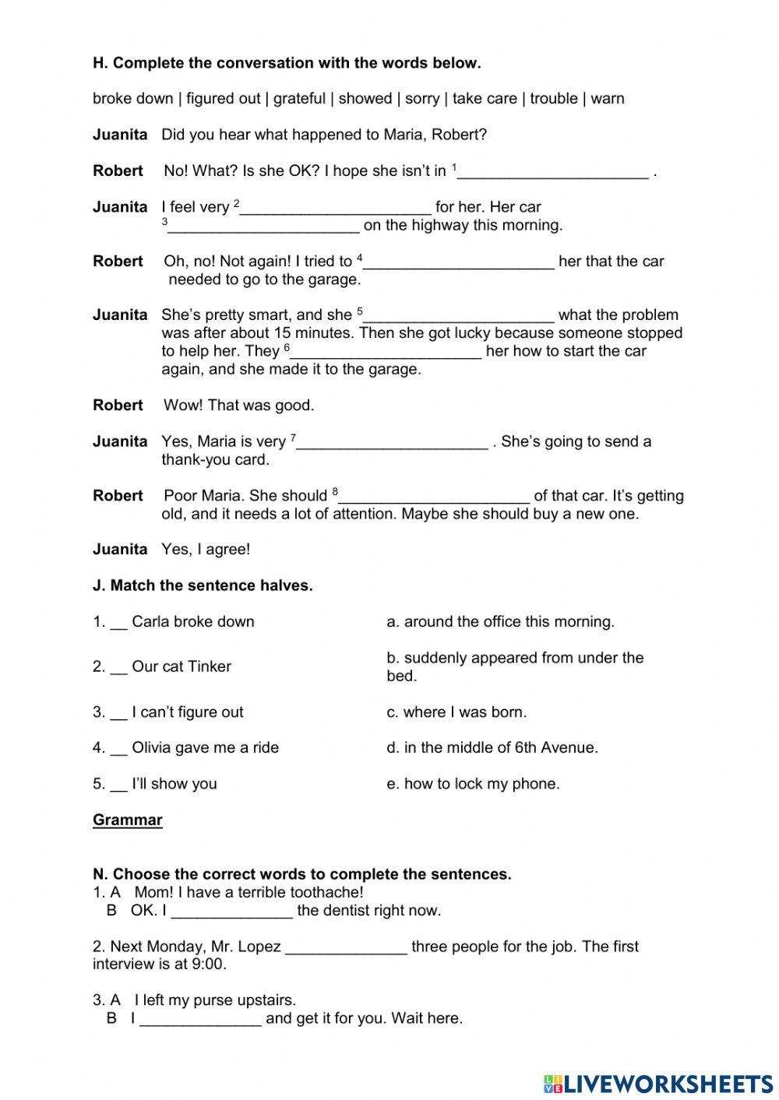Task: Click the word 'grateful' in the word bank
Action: [299, 99]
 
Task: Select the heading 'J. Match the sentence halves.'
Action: [203, 585]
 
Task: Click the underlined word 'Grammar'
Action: [128, 820]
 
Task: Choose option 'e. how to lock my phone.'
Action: [473, 784]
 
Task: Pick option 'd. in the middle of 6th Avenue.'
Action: [492, 747]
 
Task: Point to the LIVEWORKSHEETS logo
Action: [658, 1083]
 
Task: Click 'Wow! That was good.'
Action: [238, 406]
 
